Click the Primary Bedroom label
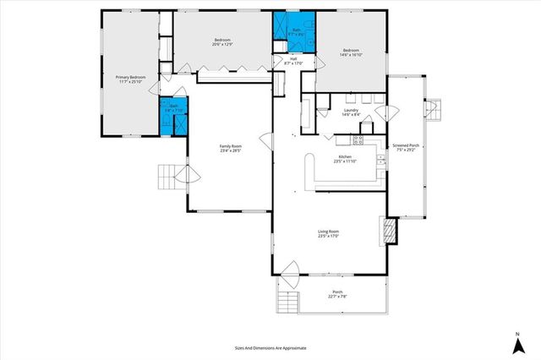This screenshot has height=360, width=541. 130,79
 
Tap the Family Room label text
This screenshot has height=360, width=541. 231,148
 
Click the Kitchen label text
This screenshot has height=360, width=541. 345,159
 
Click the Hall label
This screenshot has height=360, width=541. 293,60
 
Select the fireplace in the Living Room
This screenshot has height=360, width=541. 390,231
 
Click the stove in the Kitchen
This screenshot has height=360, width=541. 358,139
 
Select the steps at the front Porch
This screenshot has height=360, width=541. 288,303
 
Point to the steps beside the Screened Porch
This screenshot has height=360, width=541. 432,108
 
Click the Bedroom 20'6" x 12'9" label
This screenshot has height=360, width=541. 222,42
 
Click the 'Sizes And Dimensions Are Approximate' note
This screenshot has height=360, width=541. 270,347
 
